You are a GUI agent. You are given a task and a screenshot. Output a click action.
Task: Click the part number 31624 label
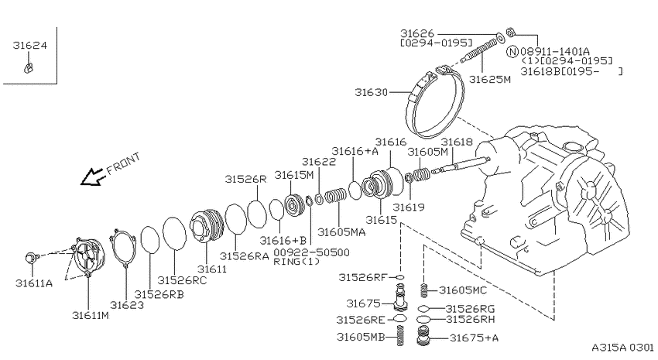(29, 46)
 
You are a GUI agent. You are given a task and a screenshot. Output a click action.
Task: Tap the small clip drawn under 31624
(29, 67)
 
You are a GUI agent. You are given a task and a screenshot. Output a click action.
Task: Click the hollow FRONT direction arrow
(92, 177)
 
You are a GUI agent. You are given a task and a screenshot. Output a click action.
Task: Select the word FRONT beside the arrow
(123, 163)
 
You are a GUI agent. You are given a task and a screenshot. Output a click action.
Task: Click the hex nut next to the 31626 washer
(511, 32)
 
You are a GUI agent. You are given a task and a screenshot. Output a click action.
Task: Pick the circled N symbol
(512, 52)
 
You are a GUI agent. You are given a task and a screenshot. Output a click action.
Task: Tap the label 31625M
(490, 79)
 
